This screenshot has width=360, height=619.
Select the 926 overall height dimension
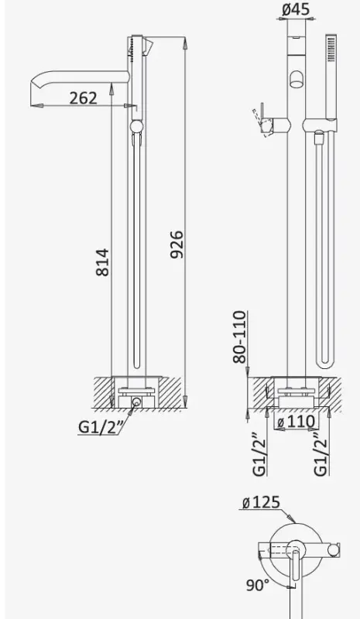[x=177, y=244]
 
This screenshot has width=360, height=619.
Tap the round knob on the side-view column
[x=136, y=128]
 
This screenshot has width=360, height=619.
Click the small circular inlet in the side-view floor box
[x=136, y=402]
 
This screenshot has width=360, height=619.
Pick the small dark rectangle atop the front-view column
[x=295, y=36]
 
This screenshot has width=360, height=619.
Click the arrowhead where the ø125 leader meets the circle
[x=293, y=518]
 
